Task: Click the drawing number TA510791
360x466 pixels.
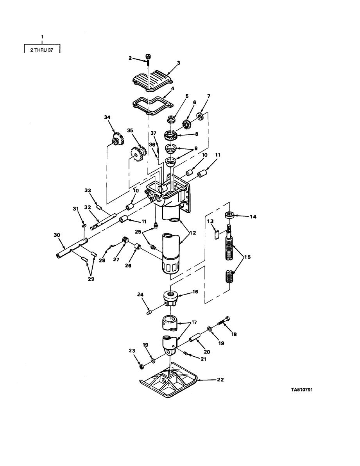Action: [x=302, y=389]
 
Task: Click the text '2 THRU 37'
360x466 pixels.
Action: [x=42, y=50]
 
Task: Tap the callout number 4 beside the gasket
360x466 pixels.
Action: [x=173, y=88]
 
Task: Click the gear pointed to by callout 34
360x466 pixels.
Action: [x=118, y=139]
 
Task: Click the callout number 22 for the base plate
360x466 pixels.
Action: [x=220, y=380]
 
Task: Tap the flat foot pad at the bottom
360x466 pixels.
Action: [x=168, y=381]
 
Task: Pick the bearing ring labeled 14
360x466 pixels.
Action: [x=230, y=215]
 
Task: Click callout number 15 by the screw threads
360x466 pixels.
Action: [x=247, y=257]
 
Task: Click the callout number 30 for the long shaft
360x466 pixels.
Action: [x=57, y=235]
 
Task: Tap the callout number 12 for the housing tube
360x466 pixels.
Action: [x=193, y=233]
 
